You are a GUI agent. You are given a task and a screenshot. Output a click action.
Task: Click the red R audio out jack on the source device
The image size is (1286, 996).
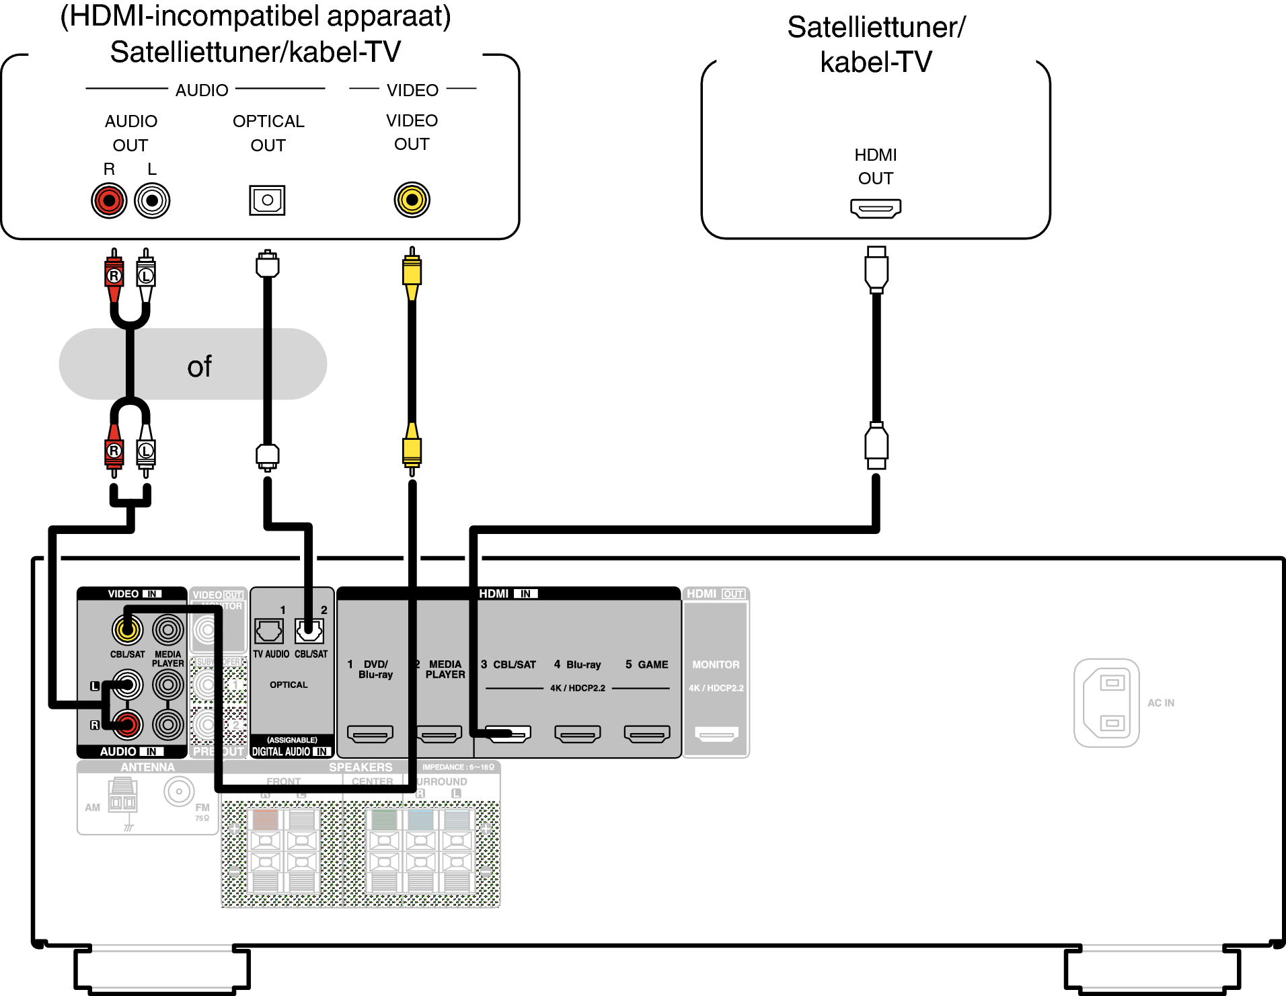click(x=109, y=200)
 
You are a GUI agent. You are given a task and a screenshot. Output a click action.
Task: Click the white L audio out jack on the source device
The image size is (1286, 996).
click(x=152, y=200)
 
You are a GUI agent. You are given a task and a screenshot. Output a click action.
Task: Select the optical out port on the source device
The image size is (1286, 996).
click(x=267, y=200)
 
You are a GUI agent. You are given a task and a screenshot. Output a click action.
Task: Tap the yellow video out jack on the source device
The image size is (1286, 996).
click(x=412, y=200)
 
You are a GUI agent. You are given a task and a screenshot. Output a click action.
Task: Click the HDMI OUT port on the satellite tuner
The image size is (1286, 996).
click(x=875, y=208)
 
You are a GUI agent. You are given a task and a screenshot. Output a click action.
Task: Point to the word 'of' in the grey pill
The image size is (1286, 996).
click(x=199, y=367)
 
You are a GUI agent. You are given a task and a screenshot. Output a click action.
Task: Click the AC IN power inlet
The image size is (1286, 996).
click(x=1106, y=703)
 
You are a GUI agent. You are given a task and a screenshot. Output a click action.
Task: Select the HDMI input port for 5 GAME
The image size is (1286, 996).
click(x=647, y=734)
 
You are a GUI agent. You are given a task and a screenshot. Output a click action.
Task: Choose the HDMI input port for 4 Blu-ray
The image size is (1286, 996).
click(x=577, y=734)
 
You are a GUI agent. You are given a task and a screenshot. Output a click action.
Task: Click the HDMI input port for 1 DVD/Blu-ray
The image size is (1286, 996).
click(x=370, y=734)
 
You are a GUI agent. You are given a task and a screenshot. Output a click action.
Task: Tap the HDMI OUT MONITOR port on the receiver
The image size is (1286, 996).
click(x=716, y=734)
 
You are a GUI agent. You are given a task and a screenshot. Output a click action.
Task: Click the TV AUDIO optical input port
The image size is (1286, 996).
click(x=269, y=631)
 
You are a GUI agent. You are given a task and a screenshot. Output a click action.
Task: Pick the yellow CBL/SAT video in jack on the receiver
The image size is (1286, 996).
click(x=127, y=629)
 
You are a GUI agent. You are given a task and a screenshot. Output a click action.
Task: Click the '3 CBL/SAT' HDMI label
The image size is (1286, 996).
click(x=508, y=664)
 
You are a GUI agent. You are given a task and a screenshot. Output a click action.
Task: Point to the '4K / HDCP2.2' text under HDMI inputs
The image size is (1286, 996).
click(x=577, y=688)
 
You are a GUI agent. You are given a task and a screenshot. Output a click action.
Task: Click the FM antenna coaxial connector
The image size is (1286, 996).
click(x=179, y=792)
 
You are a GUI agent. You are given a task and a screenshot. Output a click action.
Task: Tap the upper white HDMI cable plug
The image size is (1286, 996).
click(x=876, y=269)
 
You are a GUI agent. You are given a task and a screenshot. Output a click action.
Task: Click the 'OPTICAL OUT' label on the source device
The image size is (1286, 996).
click(x=268, y=133)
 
